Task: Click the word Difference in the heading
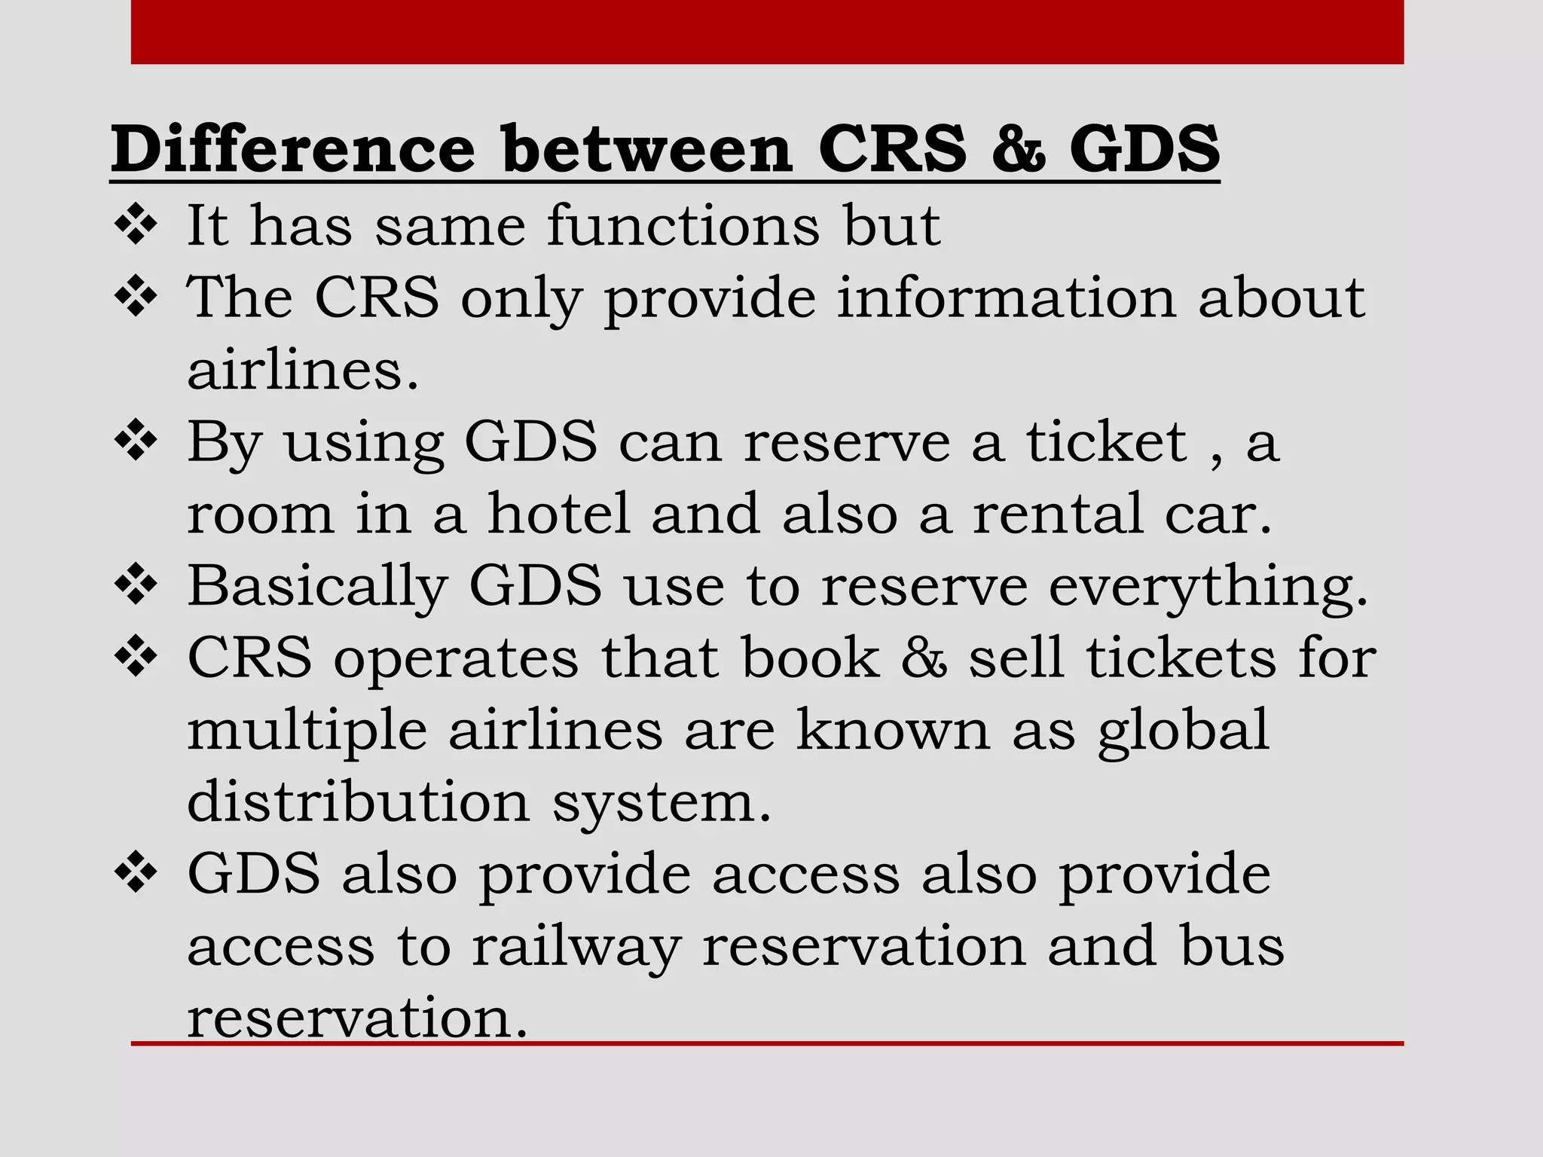[x=293, y=148]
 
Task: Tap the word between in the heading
[x=647, y=148]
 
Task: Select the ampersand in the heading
[x=1019, y=148]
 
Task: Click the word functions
[x=683, y=225]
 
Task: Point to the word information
[x=1007, y=298]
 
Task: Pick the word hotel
[x=559, y=514]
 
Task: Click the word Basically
[x=317, y=586]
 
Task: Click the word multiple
[x=307, y=730]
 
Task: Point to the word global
[x=1184, y=730]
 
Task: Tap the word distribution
[x=359, y=801]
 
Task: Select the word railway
[x=576, y=946]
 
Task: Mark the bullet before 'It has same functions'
[x=136, y=224]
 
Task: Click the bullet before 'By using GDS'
[x=136, y=441]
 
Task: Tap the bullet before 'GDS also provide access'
[x=136, y=874]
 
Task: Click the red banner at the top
[x=767, y=32]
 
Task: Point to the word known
[x=893, y=730]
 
